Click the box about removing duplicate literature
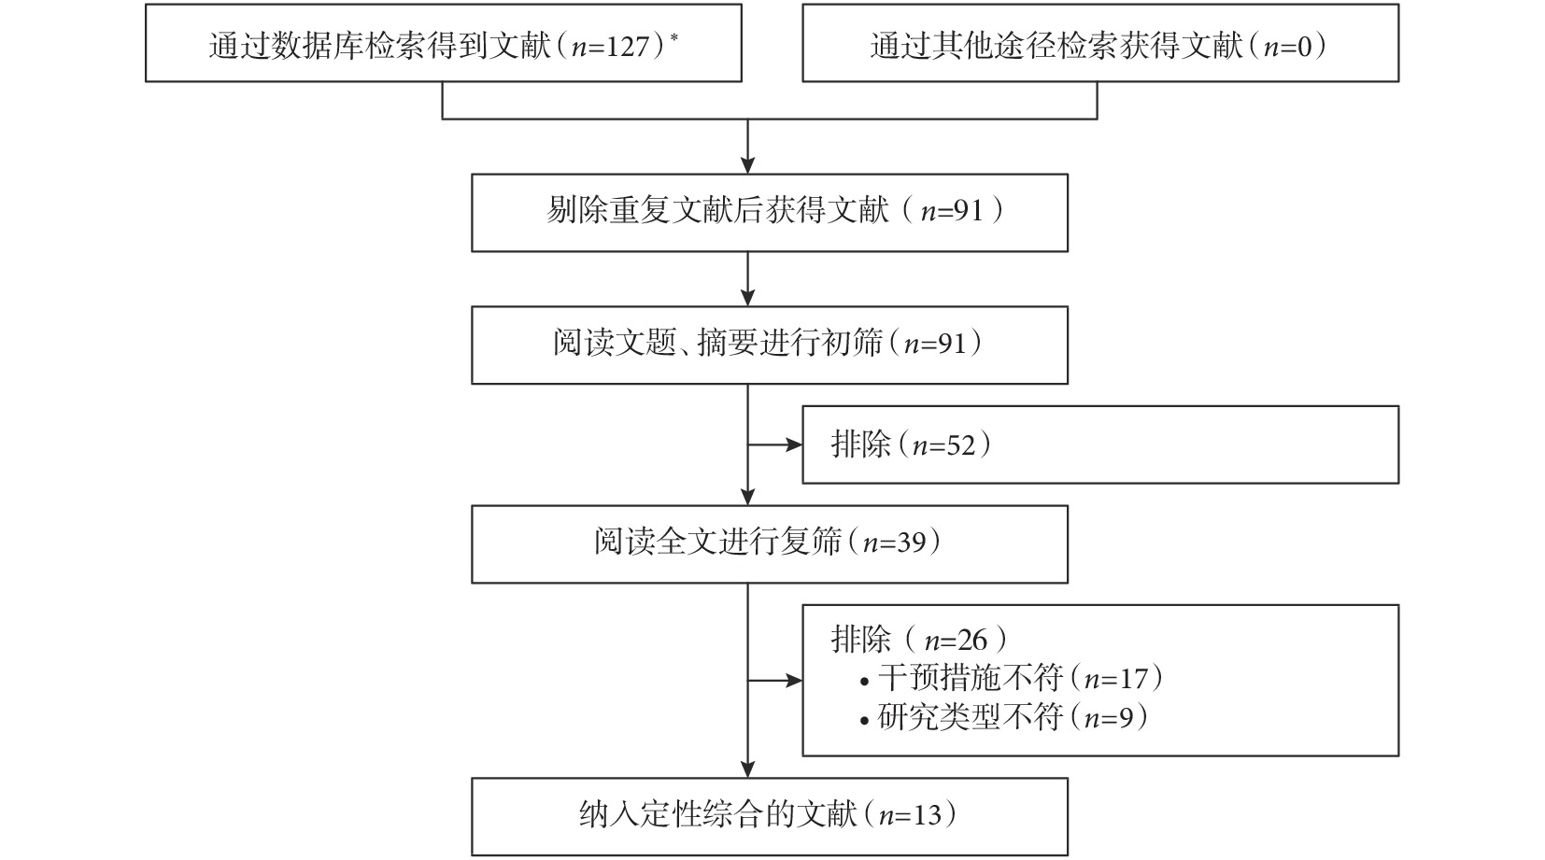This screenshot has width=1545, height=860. coord(770,212)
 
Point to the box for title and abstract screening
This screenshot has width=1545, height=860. coord(770,345)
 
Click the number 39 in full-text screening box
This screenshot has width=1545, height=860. coord(912,543)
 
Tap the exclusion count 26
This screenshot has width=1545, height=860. coord(972,641)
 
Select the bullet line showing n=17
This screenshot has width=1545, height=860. coord(1011,679)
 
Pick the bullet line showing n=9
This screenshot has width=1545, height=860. coord(1003,718)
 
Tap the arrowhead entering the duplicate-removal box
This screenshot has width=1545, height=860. coord(747,165)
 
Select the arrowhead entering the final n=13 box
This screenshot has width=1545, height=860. coord(747,769)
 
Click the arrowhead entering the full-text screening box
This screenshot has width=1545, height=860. coord(747,498)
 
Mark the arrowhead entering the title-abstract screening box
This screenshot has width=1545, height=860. coord(747,298)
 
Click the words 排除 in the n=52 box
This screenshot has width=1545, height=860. coord(861,444)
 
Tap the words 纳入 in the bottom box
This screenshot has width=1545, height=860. coord(609,815)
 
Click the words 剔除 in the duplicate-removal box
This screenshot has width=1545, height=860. coord(576,210)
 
